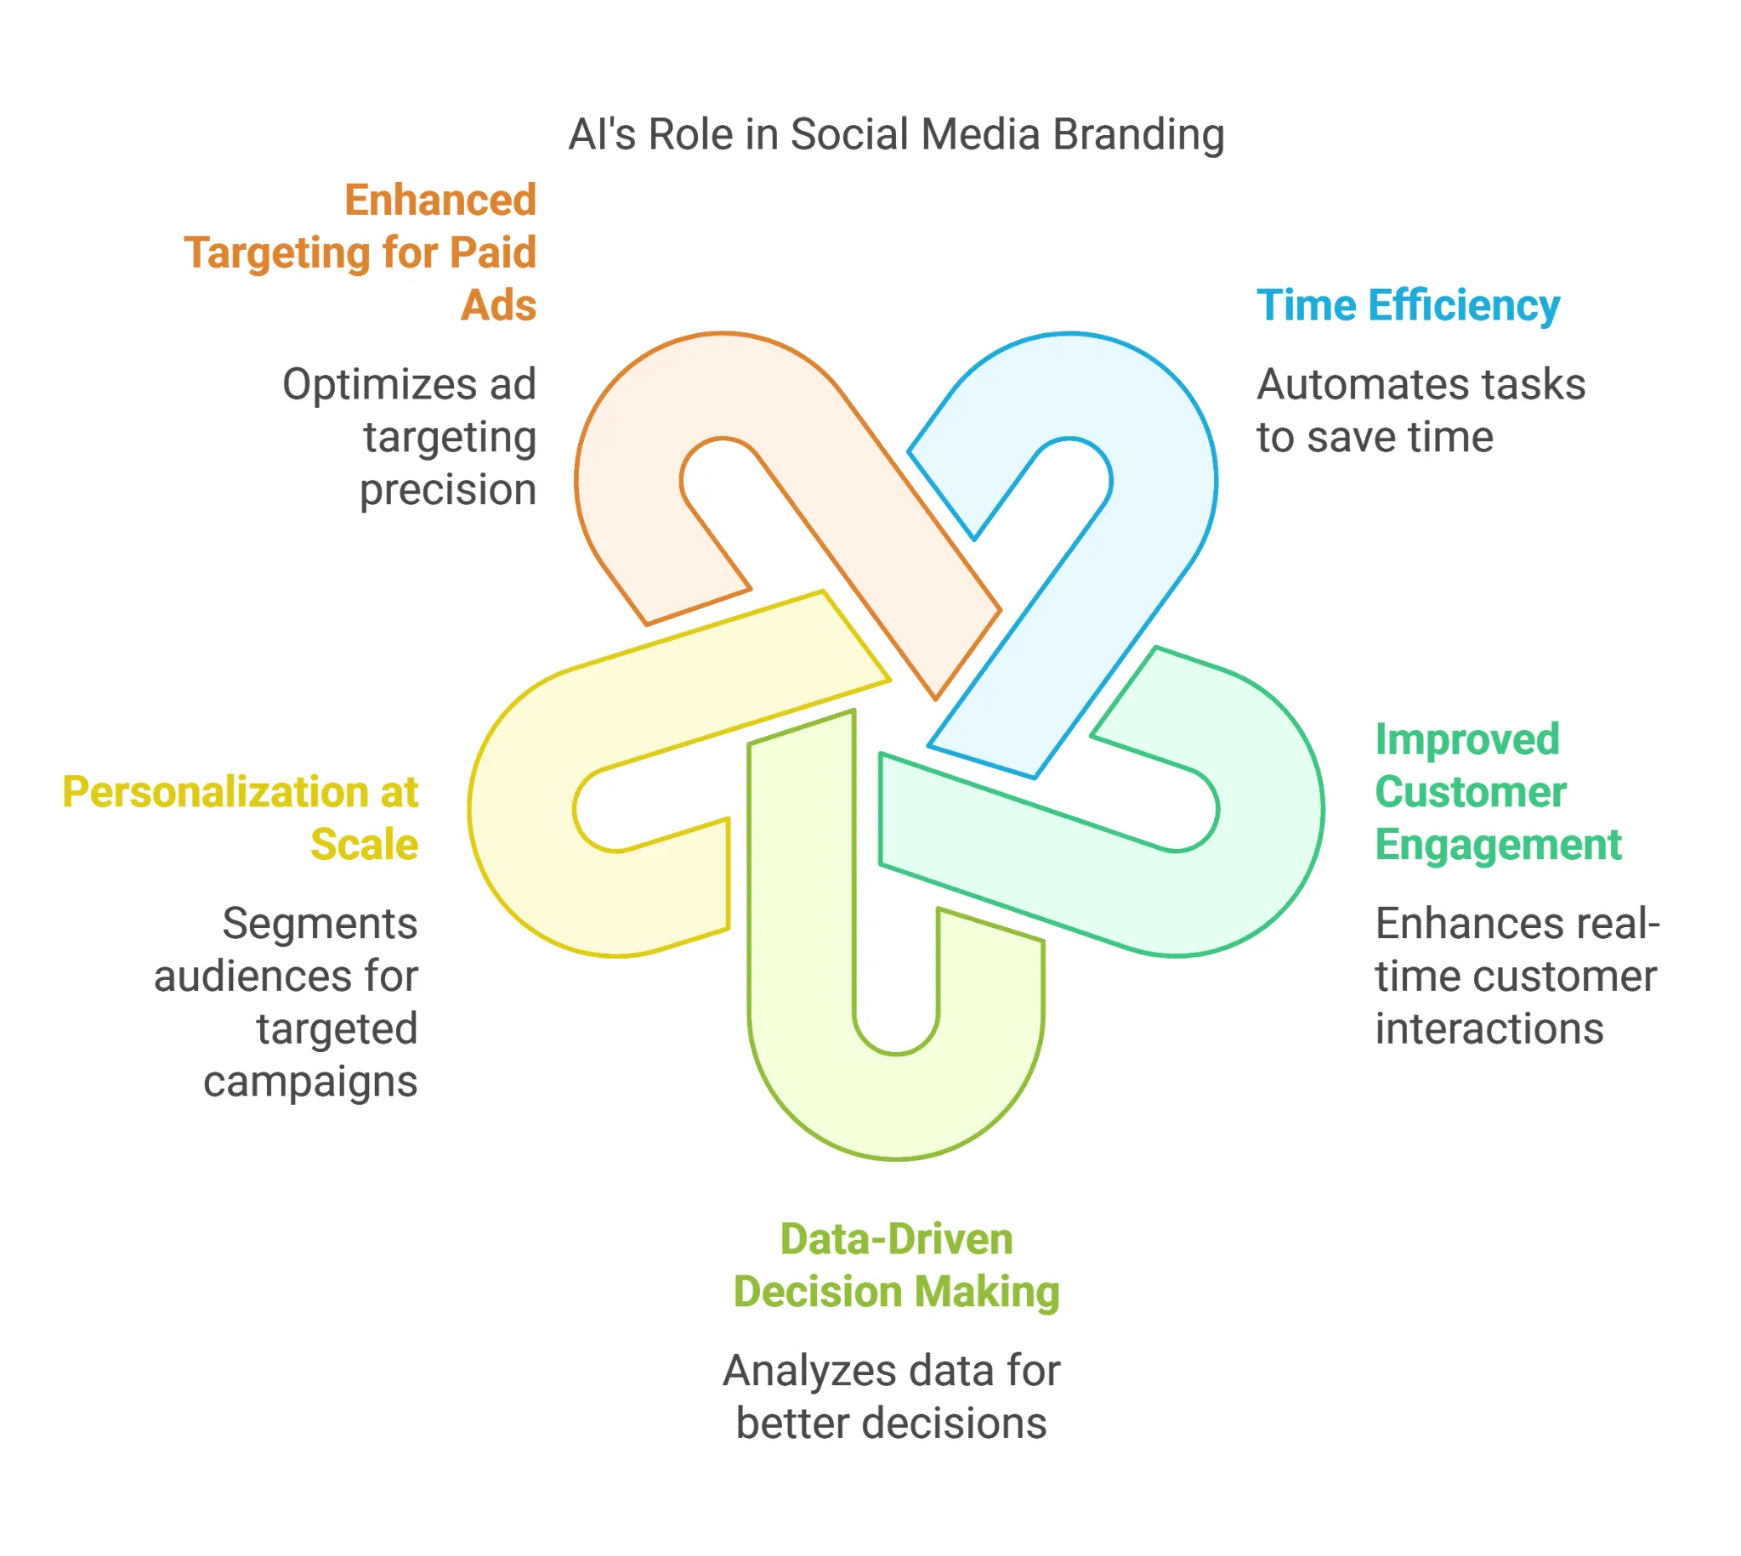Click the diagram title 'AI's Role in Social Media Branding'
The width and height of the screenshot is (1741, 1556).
895,134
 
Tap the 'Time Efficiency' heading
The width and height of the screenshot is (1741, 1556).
1408,305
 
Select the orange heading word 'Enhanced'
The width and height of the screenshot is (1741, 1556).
440,200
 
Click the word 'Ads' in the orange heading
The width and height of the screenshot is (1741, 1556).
498,305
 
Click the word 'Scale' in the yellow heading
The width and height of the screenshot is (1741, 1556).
365,845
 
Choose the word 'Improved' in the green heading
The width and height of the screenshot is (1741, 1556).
1466,739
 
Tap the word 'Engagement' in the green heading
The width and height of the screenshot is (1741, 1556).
1497,845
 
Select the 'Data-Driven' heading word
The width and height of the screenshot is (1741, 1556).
896,1239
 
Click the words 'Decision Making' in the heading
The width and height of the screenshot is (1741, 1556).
896,1292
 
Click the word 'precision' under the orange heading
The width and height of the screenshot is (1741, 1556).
447,489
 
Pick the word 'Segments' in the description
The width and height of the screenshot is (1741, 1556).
320,924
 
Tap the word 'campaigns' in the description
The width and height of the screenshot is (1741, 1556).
310,1082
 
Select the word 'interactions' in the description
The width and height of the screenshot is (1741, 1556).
1489,1028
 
